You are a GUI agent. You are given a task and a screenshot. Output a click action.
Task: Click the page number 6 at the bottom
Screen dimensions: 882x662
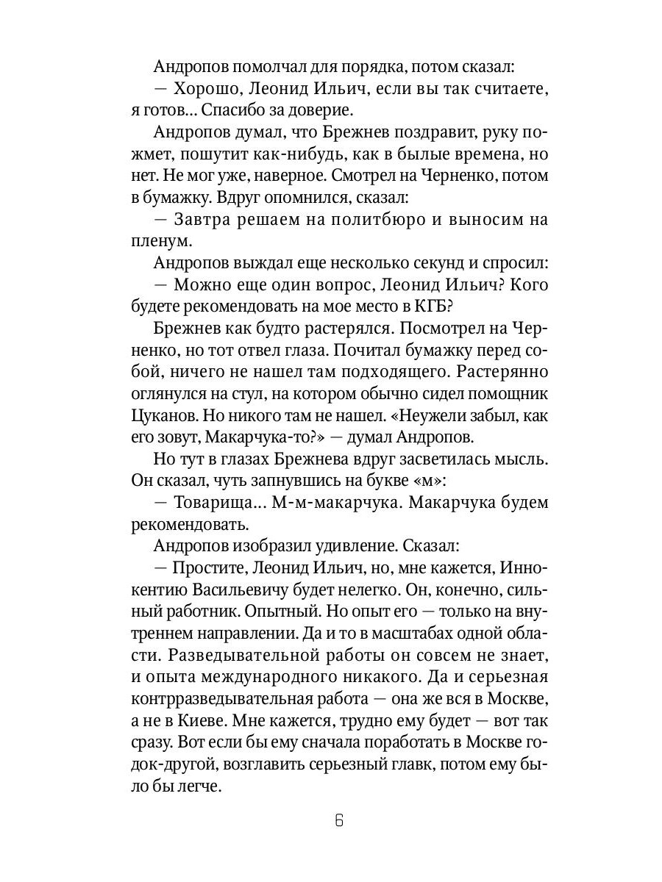point(338,820)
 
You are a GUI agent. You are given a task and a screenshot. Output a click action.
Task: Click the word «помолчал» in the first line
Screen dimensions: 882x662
point(268,67)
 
